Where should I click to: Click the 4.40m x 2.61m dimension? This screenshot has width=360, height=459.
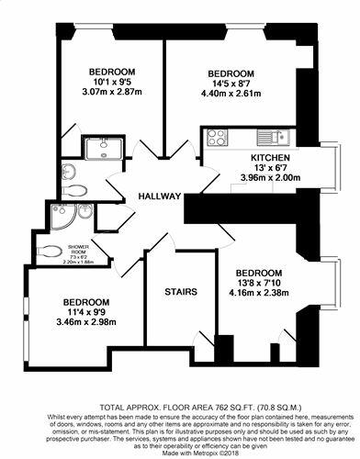point(231,94)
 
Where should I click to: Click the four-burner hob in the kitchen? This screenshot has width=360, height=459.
point(218,139)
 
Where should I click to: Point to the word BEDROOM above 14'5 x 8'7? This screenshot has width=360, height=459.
point(231,73)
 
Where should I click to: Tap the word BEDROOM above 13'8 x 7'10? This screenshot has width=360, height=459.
point(258,274)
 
